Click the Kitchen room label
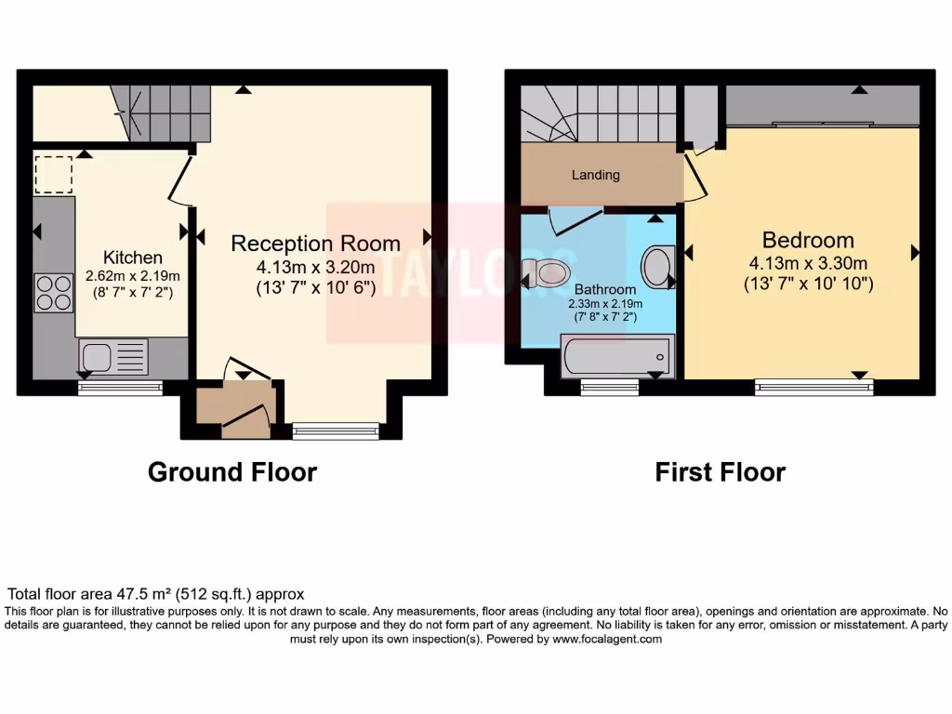click(133, 258)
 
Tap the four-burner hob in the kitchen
click(54, 292)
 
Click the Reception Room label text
click(315, 244)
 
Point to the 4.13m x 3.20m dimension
click(315, 267)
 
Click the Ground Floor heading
click(232, 472)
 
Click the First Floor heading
click(720, 472)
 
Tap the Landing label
click(595, 175)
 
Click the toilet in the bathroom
click(548, 272)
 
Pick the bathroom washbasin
click(658, 267)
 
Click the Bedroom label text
click(808, 239)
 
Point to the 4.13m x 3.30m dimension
click(808, 262)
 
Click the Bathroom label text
click(605, 289)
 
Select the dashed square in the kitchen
click(53, 175)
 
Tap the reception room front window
click(336, 430)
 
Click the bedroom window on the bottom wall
click(813, 386)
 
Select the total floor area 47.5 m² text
click(156, 593)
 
